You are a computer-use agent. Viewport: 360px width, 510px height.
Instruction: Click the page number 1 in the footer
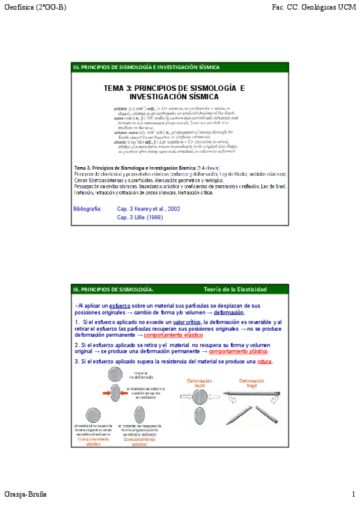[x=354, y=494]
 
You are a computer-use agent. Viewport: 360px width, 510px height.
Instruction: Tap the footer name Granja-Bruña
[x=25, y=494]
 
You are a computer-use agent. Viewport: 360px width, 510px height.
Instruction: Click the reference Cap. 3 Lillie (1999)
[x=139, y=217]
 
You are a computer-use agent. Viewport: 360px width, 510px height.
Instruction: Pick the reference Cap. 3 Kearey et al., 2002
[x=148, y=209]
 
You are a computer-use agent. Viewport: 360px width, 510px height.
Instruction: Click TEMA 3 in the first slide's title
[x=118, y=88]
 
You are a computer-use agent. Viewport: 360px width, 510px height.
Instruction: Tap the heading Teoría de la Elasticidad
[x=235, y=289]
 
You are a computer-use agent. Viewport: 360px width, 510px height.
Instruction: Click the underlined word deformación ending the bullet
[x=228, y=313]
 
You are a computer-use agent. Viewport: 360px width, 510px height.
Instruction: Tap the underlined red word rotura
[x=264, y=361]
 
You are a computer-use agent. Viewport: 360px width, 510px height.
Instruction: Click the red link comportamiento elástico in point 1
[x=173, y=335]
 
